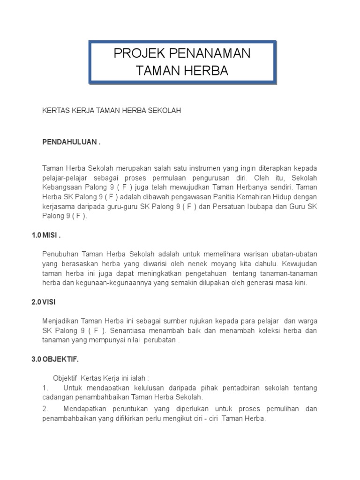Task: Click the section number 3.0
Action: pos(37,360)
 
